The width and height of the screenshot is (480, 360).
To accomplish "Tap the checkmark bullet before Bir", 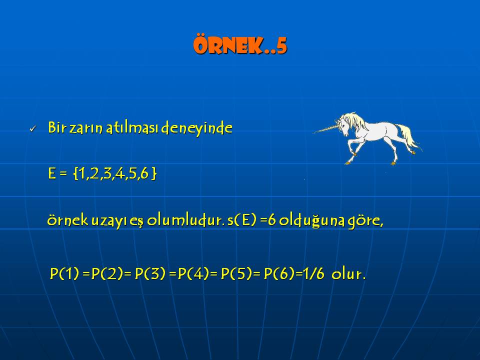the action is pos(32,129).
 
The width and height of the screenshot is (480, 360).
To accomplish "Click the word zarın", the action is pos(85,128).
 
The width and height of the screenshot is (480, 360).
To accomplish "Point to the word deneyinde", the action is pos(196,128).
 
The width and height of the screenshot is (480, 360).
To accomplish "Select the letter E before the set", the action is pos(52,173).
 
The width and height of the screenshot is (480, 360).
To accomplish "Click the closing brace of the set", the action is pos(154,173).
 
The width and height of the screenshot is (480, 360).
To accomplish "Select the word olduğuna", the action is pos(312,220).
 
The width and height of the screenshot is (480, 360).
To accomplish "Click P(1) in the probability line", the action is pos(64,273).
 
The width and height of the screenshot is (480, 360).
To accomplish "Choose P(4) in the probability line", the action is pos(193,273).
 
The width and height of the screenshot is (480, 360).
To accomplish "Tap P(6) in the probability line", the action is pos(279,273).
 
